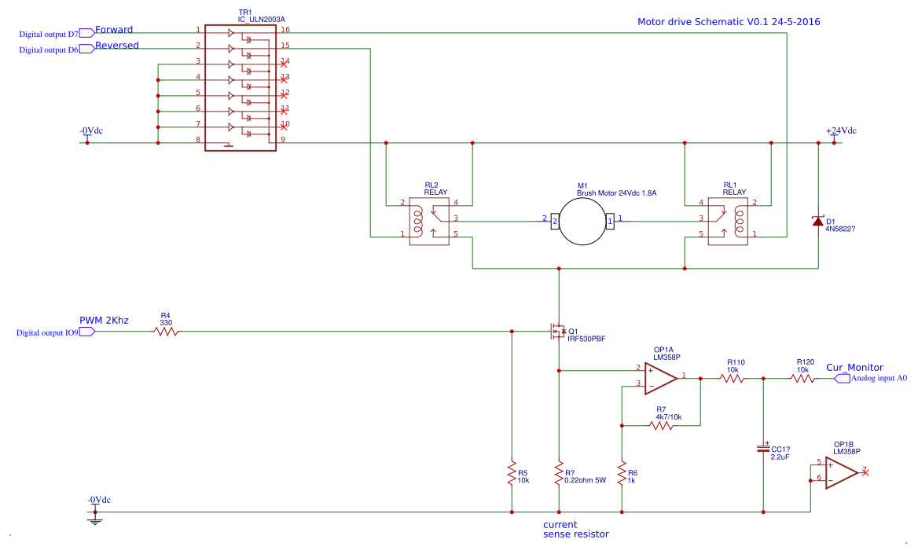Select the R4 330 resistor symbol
[x=166, y=332]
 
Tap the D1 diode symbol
[x=818, y=221]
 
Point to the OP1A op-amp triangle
[x=661, y=377]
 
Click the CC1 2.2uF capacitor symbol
[x=763, y=448]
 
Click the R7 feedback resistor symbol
[x=661, y=426]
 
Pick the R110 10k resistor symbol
[x=732, y=379]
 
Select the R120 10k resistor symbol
[x=802, y=379]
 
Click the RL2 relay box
[x=429, y=222]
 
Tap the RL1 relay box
[x=728, y=222]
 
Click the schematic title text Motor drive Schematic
[x=729, y=22]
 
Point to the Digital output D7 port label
[x=49, y=34]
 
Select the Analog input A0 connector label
[x=879, y=378]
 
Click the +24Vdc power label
[x=840, y=130]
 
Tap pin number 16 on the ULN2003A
[x=285, y=29]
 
